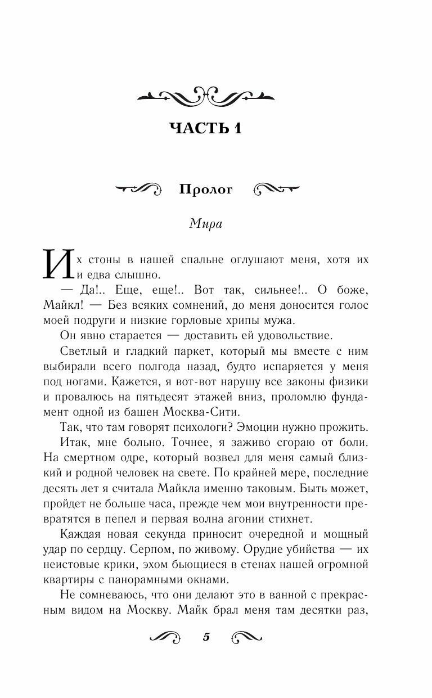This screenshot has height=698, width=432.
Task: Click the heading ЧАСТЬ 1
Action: pos(205,128)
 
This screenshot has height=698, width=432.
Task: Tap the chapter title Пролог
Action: pos(205,190)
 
